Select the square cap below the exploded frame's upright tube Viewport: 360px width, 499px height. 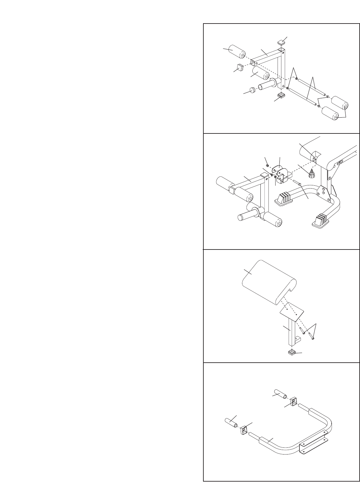(x=280, y=95)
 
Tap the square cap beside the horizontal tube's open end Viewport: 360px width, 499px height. (x=240, y=68)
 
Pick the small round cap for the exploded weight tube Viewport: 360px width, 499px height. (x=252, y=89)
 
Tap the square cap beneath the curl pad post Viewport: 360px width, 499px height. (x=292, y=352)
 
